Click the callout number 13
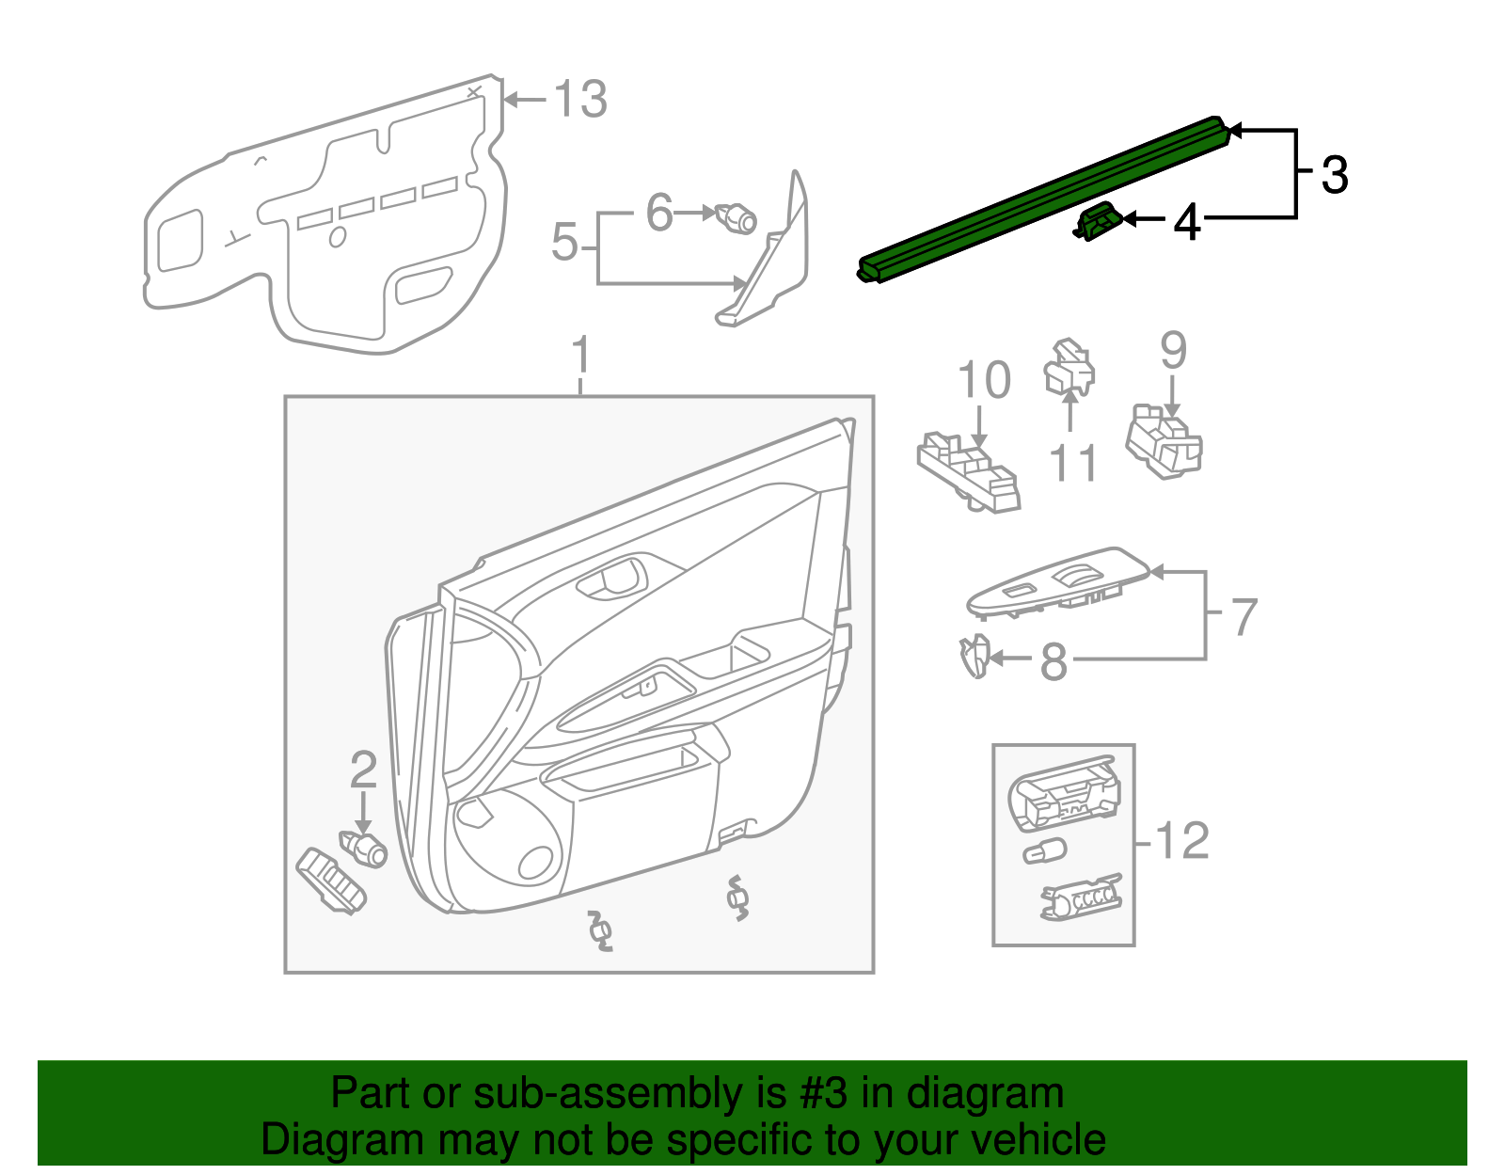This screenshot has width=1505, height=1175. tap(579, 99)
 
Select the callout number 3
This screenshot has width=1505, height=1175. tap(1335, 175)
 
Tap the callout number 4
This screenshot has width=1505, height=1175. tap(1187, 222)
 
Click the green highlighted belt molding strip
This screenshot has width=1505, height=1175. tap(1044, 198)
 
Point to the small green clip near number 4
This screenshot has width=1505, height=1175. tap(1097, 222)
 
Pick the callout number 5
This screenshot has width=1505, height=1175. tap(564, 243)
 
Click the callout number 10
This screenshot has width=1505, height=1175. tap(983, 381)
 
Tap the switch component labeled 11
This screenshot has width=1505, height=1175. tap(1069, 368)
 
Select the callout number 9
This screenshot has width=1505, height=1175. tap(1173, 350)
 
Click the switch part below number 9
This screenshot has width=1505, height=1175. tap(1164, 445)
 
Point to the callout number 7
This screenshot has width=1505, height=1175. tap(1244, 617)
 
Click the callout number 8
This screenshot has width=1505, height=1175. tap(1053, 662)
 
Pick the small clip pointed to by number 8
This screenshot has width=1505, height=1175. tap(974, 656)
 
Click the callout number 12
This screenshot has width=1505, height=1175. tap(1181, 840)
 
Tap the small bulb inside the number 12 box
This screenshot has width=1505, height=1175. tap(1044, 852)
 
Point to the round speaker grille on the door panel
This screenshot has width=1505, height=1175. tap(535, 864)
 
